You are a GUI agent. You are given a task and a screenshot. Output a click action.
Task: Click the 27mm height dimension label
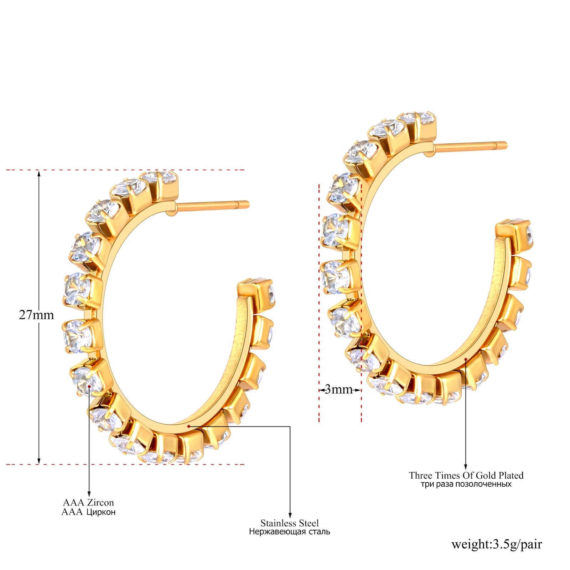(36, 315)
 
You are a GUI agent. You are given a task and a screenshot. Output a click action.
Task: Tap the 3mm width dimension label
(338, 389)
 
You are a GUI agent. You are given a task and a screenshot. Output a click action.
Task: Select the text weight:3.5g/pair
(497, 544)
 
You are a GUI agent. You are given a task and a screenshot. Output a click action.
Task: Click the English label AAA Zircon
(88, 502)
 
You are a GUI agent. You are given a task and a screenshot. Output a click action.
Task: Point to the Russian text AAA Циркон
(88, 512)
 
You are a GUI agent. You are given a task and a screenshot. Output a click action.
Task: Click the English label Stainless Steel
(290, 523)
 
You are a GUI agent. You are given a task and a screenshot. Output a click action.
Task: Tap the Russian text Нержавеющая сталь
(290, 532)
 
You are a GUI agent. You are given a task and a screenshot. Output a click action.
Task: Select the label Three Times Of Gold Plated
(466, 475)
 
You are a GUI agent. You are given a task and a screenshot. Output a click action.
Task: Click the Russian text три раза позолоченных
(466, 484)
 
